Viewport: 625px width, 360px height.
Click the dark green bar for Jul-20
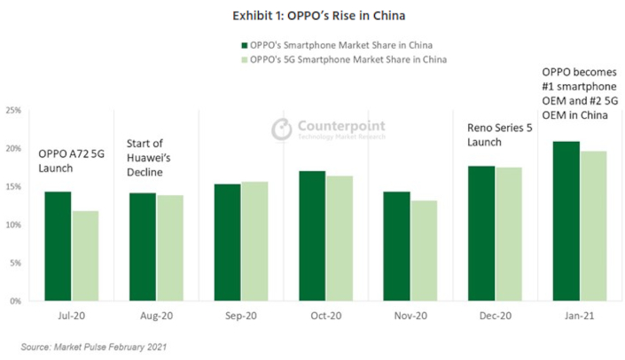pyautogui.click(x=58, y=246)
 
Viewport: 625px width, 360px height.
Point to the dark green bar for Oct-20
pyautogui.click(x=312, y=235)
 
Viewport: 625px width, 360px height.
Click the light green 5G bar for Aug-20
pyautogui.click(x=170, y=247)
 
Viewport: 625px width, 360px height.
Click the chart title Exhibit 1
pyautogui.click(x=312, y=15)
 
